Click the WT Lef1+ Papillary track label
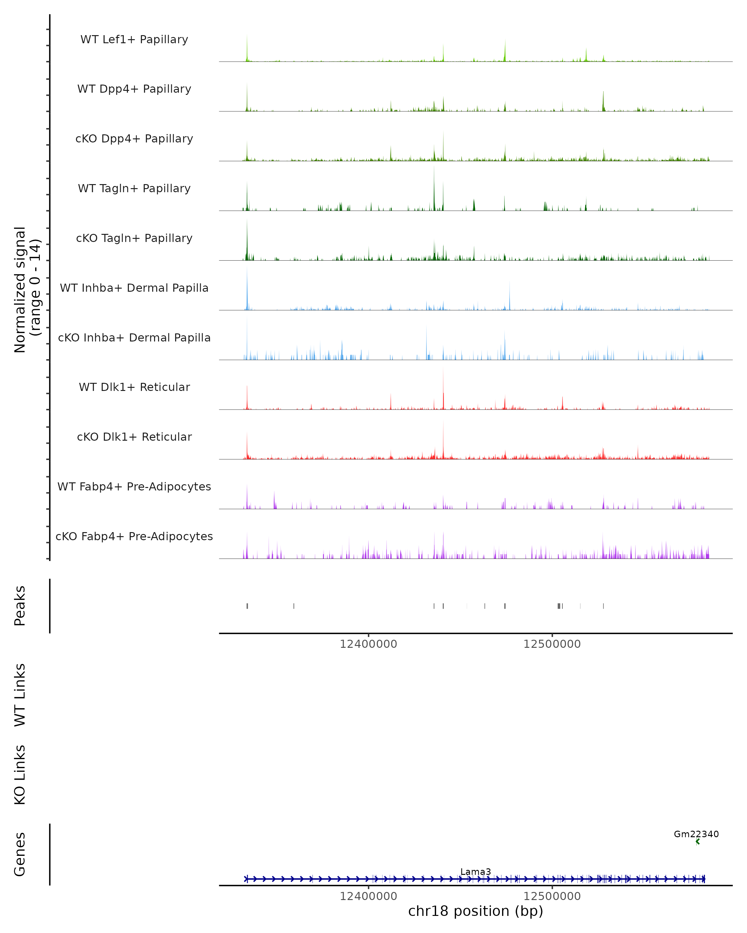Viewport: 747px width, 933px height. coord(134,39)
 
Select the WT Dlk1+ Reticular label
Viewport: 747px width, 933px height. coord(134,387)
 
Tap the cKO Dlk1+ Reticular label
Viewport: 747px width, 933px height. coord(134,437)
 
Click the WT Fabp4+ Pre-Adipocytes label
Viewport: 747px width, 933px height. coord(134,486)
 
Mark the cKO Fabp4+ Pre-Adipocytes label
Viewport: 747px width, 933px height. coord(134,536)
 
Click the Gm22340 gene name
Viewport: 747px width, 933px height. coord(696,834)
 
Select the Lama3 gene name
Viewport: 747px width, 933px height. coord(476,871)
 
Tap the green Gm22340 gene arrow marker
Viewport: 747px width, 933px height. coord(697,842)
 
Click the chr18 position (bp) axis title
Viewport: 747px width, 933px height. coord(476,911)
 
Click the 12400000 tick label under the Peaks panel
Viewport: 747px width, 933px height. coord(368,644)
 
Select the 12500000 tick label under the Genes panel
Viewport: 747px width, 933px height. coord(552,896)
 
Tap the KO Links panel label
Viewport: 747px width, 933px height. coord(20,775)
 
